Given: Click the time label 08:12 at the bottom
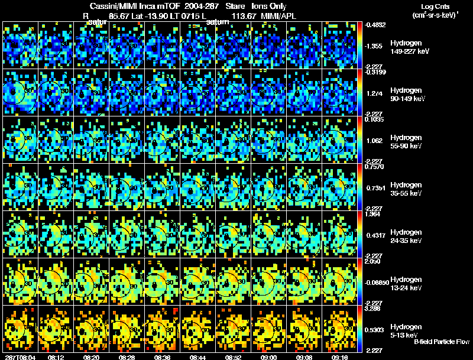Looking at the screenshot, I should (56, 357).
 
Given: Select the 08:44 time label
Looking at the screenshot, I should (199, 357).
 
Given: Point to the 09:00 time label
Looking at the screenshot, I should (270, 357).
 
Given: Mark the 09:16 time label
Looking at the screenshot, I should (342, 357).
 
